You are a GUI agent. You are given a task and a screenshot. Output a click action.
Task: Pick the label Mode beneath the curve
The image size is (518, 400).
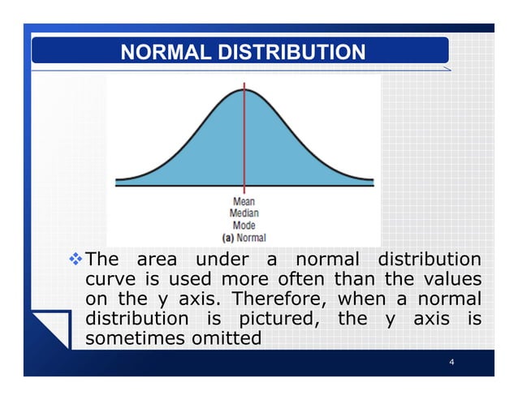click(x=244, y=226)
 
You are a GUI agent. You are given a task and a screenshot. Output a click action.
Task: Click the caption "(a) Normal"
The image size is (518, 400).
click(x=244, y=238)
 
